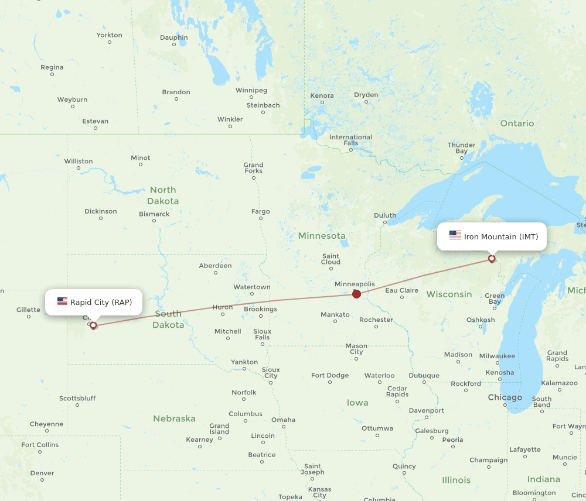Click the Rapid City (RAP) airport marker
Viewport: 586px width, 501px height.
93,325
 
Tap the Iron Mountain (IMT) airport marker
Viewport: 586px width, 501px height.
492,258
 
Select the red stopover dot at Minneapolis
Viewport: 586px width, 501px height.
356,294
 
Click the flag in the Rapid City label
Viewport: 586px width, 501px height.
62,301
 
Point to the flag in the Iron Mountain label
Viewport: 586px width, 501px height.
455,235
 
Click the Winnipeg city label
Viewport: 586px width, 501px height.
251,90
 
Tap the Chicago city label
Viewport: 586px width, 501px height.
505,397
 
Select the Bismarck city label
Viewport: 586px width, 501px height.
154,214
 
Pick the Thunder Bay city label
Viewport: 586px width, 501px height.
461,148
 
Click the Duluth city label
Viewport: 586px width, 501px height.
385,215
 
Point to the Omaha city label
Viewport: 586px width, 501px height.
283,420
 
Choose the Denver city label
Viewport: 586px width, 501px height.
42,473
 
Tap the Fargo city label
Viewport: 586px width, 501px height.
260,211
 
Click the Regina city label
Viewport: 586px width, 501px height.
52,67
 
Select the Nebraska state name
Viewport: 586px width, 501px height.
174,418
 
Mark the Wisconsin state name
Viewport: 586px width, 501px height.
449,294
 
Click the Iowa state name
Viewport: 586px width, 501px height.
357,403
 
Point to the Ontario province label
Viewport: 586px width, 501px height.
517,123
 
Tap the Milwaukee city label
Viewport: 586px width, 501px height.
497,356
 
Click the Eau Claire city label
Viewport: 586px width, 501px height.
401,290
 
